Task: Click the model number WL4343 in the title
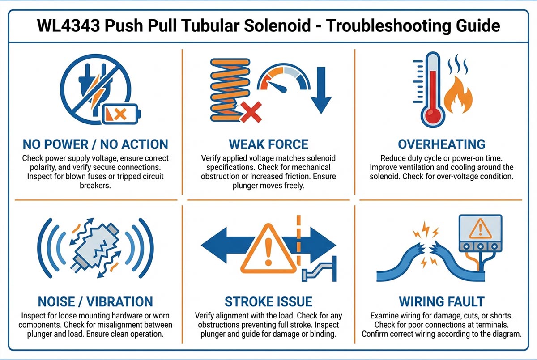(68, 25)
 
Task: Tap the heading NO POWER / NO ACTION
(95, 144)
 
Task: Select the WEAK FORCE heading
(268, 144)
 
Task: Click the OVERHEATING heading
(442, 144)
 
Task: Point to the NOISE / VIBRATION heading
(95, 301)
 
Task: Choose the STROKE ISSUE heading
(268, 301)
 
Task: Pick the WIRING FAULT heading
(442, 301)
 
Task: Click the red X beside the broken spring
(251, 112)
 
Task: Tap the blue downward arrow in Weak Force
(321, 90)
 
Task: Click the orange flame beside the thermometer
(458, 95)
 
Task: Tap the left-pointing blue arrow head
(214, 245)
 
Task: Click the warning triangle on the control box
(480, 229)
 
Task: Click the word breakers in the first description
(95, 186)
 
